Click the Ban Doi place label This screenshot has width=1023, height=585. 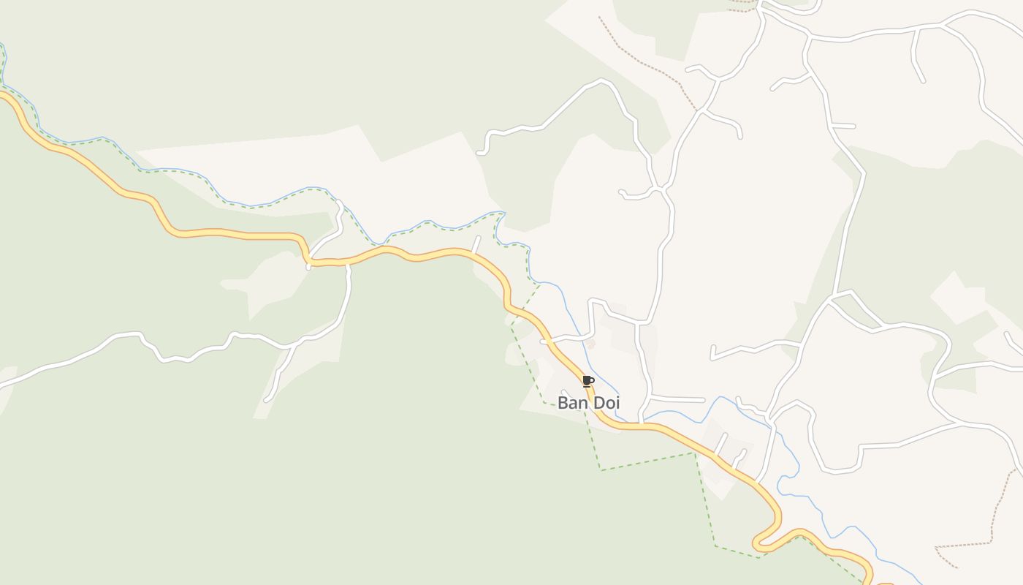588,403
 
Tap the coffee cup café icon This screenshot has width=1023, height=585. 587,381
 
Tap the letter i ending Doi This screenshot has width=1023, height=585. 617,403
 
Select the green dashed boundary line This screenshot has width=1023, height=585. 647,461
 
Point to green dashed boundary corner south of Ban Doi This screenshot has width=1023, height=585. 601,469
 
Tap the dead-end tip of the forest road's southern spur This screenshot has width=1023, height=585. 267,400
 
